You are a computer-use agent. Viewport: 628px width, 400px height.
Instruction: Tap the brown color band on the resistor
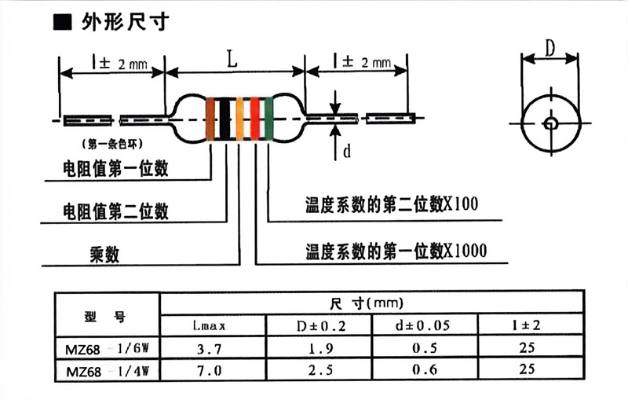point(211,119)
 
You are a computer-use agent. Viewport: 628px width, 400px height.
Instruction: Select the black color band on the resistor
point(225,119)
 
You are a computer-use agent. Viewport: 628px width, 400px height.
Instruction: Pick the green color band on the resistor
point(269,119)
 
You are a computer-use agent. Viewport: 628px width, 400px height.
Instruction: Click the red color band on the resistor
point(254,119)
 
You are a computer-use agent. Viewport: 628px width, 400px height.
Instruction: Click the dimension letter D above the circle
point(550,49)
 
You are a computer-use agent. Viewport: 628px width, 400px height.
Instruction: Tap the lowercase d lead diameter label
point(346,152)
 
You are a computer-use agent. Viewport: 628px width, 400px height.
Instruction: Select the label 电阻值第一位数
point(115,169)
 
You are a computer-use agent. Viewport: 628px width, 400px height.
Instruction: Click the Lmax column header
point(211,324)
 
